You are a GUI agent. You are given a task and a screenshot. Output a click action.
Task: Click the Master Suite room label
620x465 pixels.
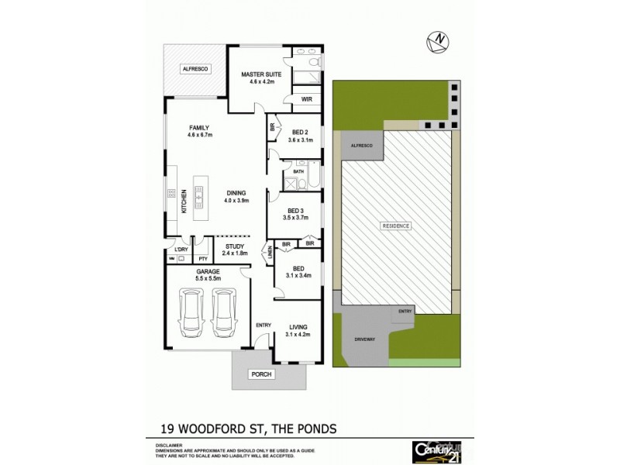[259, 74]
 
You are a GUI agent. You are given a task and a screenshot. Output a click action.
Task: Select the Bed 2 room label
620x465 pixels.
[298, 132]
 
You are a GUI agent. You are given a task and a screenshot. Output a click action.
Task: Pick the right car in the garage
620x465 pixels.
[224, 314]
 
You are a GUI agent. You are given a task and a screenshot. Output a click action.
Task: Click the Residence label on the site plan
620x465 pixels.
[395, 225]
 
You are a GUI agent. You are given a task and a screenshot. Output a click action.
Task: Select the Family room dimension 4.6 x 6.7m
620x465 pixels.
[198, 136]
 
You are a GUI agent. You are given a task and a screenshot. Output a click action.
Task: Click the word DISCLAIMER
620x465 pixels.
[160, 446]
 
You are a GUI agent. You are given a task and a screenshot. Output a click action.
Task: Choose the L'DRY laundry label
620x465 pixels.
[181, 249]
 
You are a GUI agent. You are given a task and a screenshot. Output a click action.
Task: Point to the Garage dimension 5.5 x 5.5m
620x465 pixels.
[208, 278]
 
